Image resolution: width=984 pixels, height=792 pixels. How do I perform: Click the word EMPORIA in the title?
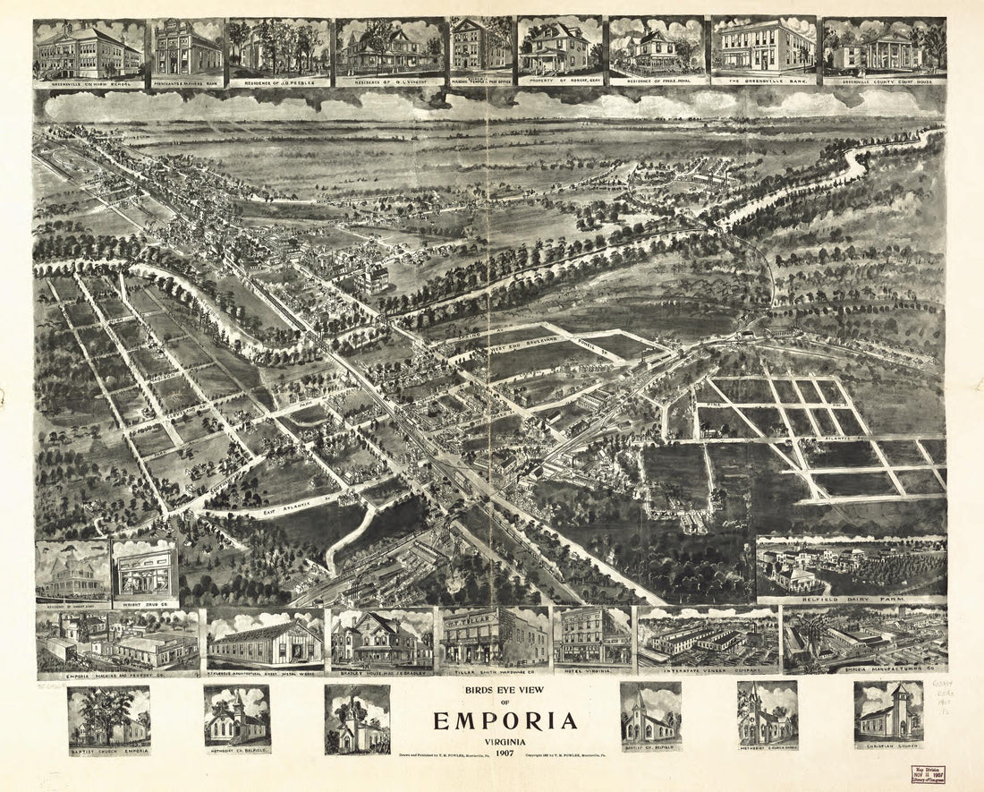505,721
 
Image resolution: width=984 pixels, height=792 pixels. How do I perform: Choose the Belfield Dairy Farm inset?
851,567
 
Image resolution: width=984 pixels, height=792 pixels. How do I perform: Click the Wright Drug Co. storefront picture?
145,573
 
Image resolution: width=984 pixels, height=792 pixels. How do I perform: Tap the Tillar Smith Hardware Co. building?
493,637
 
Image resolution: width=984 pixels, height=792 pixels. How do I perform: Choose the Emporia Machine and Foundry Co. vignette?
117,641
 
